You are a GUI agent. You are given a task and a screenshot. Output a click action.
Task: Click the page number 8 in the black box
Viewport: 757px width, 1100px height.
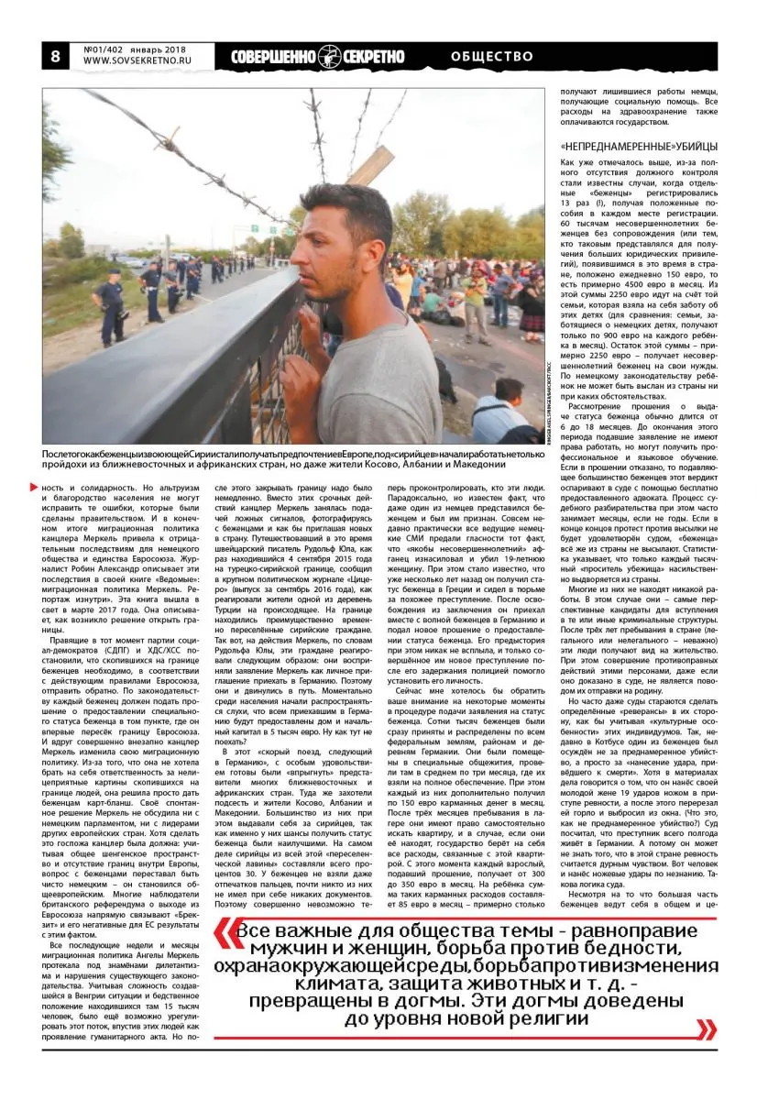tap(55, 56)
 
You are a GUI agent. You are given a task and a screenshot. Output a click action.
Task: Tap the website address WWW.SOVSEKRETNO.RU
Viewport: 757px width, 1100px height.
tap(137, 61)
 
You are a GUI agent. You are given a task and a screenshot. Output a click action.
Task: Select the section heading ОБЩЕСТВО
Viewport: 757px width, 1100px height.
tap(492, 57)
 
